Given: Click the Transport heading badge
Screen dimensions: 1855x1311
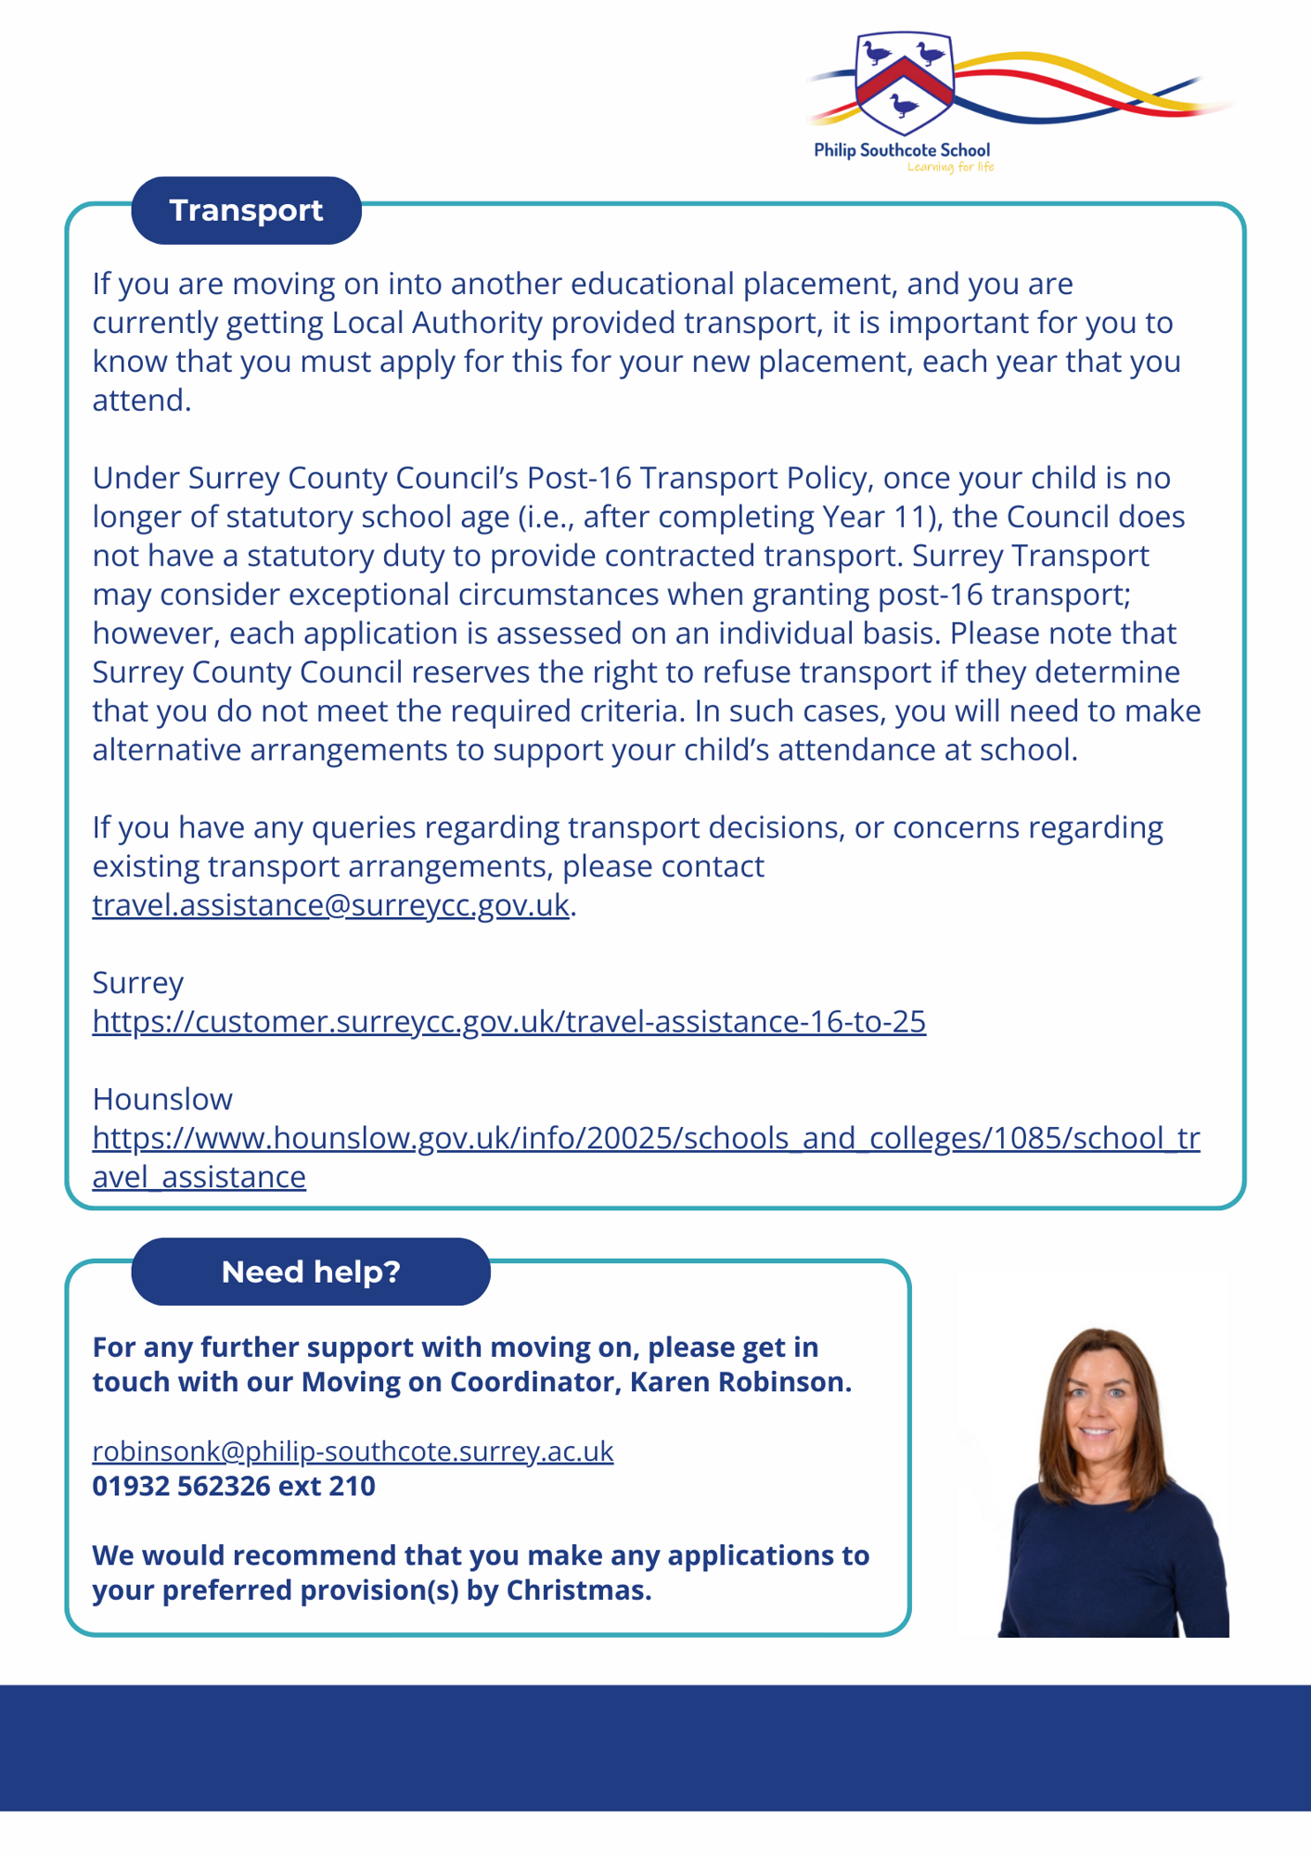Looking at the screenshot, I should (x=246, y=211).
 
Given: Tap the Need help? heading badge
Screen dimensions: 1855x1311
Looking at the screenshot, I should (x=311, y=1272).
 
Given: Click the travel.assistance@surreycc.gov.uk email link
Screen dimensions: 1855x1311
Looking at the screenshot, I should (x=330, y=905).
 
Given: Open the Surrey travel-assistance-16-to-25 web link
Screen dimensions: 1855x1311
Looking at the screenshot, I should (x=508, y=1021).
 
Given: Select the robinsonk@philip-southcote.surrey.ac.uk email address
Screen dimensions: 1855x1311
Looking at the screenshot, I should (x=353, y=1451).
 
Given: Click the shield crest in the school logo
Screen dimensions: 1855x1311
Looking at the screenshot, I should (x=904, y=82).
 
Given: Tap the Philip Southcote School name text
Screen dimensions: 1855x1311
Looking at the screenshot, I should (x=902, y=150).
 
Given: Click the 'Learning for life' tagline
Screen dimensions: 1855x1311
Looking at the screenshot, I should (x=950, y=168).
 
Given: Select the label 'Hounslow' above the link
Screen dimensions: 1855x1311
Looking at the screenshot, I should (x=162, y=1099).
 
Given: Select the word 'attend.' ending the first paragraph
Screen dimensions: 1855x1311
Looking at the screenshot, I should (x=141, y=401).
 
